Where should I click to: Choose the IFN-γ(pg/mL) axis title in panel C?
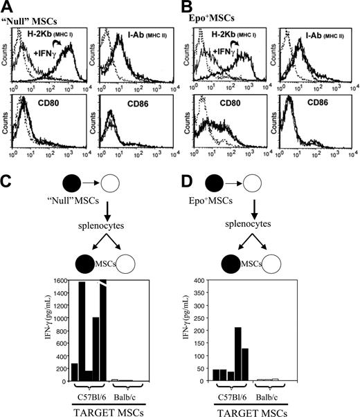[26, 331]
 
